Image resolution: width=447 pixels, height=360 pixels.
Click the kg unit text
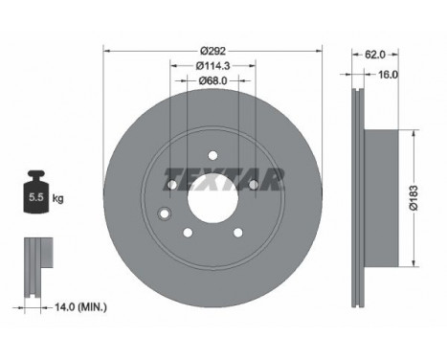(58, 199)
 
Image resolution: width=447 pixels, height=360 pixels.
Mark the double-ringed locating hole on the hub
(165, 214)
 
